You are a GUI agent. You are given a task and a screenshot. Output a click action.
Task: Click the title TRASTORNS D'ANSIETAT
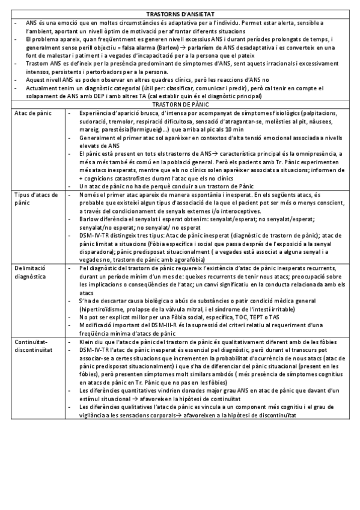[x=180, y=14]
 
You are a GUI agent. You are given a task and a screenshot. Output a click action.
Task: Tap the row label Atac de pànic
[x=32, y=112]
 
